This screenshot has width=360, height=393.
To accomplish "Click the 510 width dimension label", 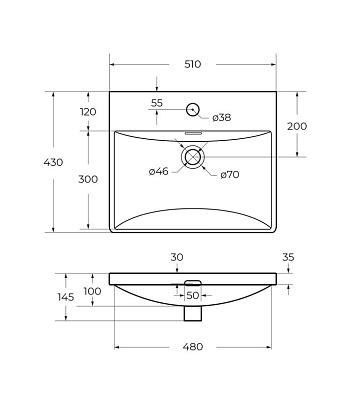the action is pos(193,64).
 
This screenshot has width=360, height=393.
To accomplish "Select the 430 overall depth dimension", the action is pos(53,162).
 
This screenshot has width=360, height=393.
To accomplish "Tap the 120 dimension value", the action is pos(88,112).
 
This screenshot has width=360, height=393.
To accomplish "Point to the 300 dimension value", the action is pos(88,179).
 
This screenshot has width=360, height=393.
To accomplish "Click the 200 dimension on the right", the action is pos(297,126).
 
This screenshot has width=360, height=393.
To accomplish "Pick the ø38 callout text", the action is pos(222,117).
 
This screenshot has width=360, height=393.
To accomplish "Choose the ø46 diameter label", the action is pos(159,171).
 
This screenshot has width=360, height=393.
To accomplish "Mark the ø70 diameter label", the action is pos(230,174).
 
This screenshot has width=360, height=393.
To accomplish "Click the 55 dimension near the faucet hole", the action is pos(157,103).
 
